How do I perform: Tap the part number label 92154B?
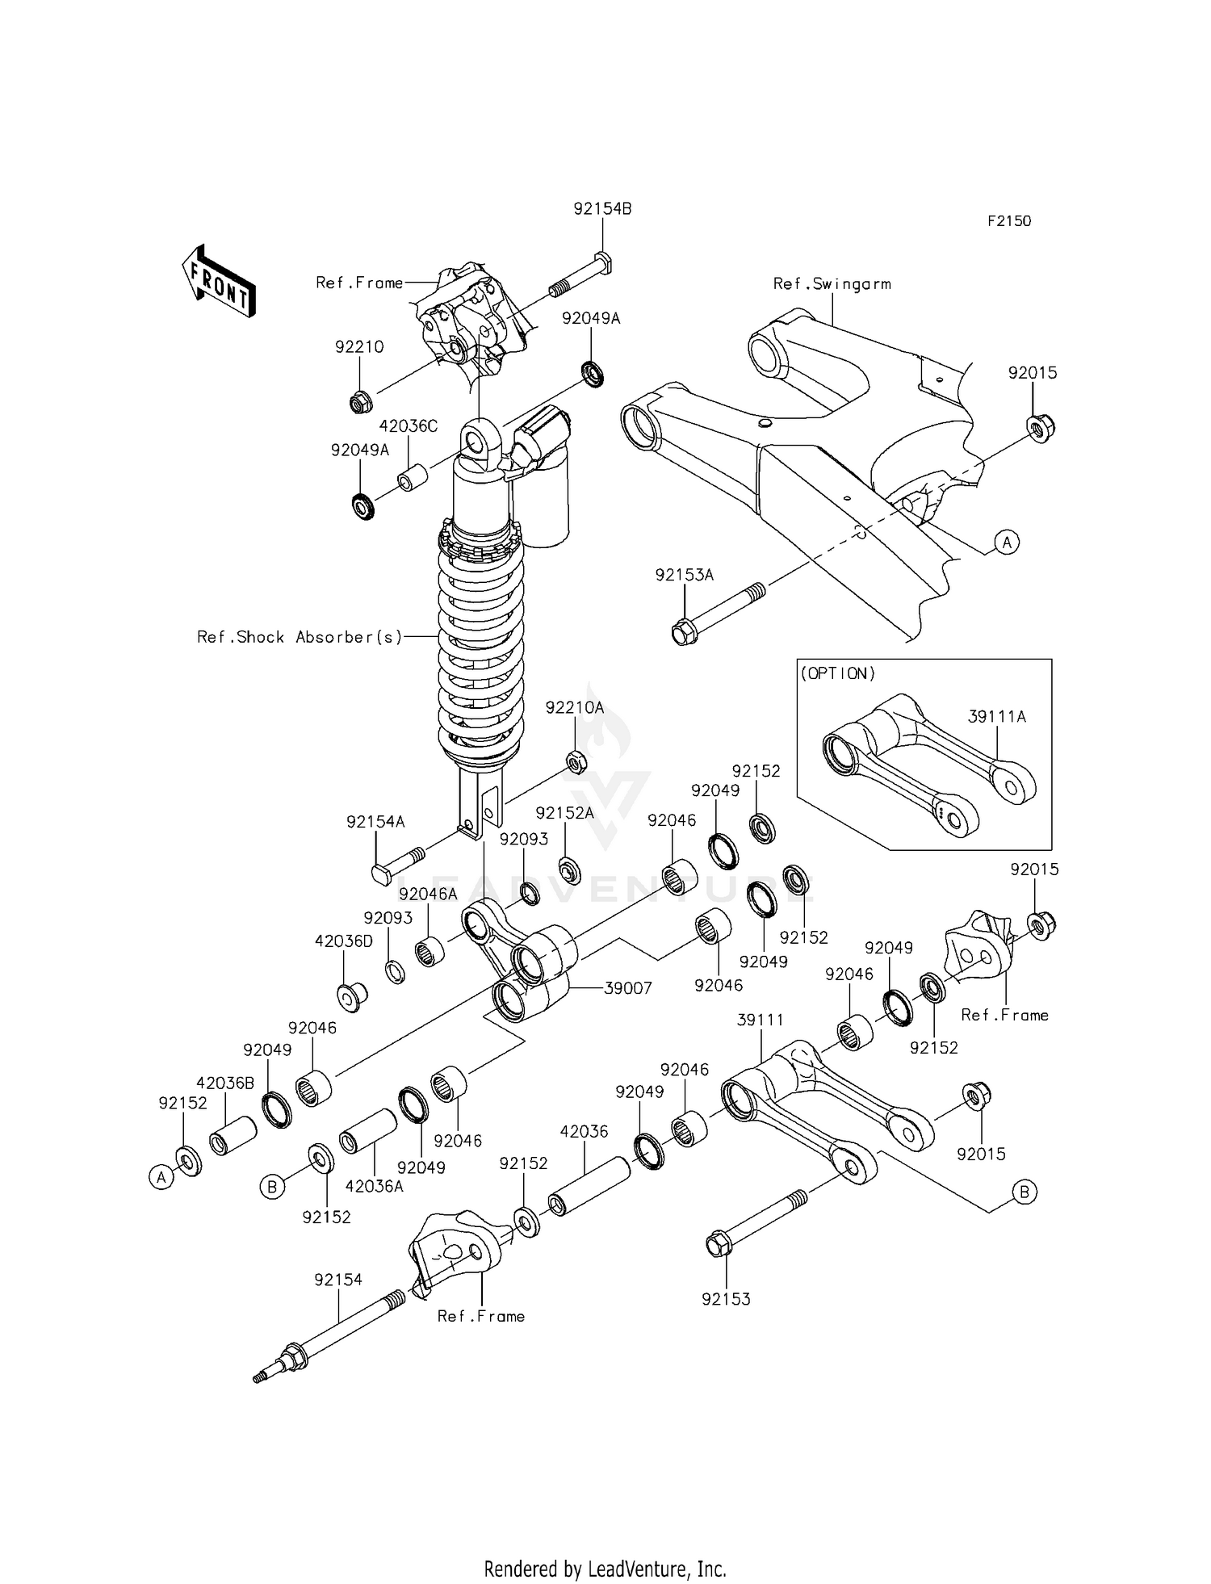602,209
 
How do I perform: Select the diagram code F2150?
1009,221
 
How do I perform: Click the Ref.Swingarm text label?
832,284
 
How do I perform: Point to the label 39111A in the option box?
997,716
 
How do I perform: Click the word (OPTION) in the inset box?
837,673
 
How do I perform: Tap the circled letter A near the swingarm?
1006,543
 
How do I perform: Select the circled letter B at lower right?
1024,1192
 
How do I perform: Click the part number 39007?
627,988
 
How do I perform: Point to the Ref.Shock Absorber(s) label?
300,637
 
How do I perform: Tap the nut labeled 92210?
361,400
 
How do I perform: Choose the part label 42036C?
409,426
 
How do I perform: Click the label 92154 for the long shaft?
338,1280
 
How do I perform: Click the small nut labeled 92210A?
576,761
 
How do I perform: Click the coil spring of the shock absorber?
480,646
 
